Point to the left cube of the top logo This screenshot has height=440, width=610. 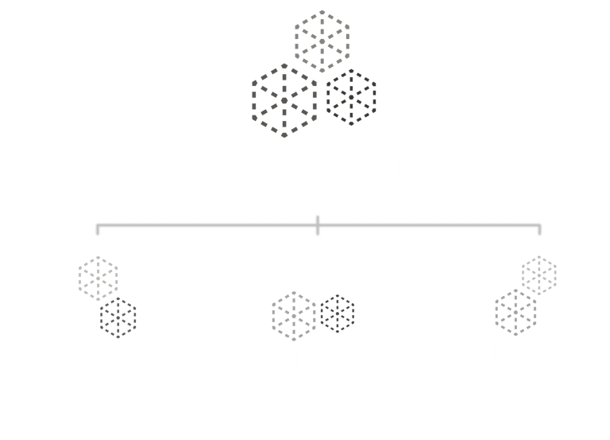point(284,97)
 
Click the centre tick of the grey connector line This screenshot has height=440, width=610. point(317,224)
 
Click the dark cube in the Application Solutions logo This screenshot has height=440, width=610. point(119,316)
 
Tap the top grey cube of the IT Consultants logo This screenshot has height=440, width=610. point(539,274)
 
